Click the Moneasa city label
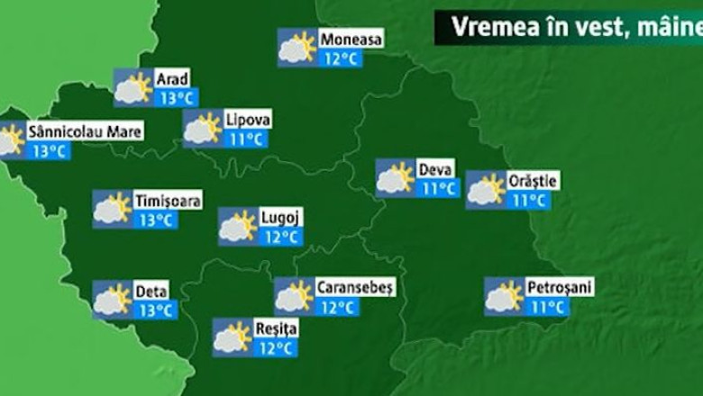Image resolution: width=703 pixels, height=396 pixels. click(x=351, y=40)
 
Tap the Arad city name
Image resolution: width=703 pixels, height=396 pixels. click(x=172, y=79)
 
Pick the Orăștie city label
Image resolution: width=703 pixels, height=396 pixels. click(x=533, y=181)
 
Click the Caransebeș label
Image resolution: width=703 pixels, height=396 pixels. click(x=349, y=287)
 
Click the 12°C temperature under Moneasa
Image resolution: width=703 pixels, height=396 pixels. click(x=341, y=59)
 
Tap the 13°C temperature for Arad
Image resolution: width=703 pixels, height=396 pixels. click(x=177, y=98)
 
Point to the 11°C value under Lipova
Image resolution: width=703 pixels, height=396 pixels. click(x=245, y=139)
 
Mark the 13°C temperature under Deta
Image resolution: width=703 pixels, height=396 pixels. click(x=155, y=310)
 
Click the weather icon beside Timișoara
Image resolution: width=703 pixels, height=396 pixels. click(x=113, y=209)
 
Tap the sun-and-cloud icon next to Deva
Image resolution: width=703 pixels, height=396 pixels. click(x=395, y=177)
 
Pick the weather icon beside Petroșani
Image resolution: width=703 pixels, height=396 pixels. click(x=504, y=296)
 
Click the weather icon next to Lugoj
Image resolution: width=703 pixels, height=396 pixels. click(x=238, y=226)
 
